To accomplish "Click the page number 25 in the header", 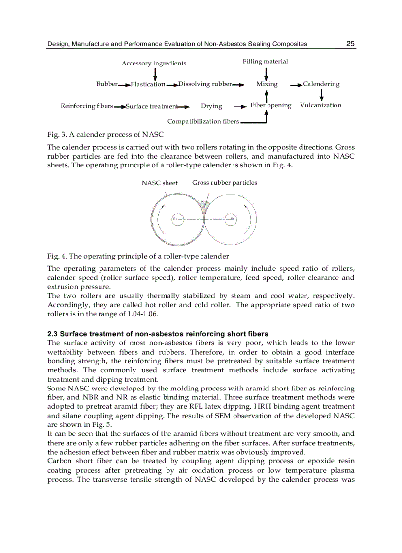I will tap(350, 44).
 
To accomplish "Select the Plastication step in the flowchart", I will tap(148, 84).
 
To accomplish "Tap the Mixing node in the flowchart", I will tap(267, 84).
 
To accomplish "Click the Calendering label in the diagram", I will tap(321, 84).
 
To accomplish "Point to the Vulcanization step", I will tap(320, 105).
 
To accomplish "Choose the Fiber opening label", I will tap(270, 105).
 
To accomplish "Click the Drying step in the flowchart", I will tap(211, 106).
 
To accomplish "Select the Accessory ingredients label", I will tap(154, 63).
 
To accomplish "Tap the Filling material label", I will tap(265, 61).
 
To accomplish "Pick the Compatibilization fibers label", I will tap(203, 121).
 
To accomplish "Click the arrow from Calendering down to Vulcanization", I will tap(322, 95).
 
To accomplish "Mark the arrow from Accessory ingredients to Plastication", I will tap(155, 74).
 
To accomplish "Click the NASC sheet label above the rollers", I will tap(160, 183).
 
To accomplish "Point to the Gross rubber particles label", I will tap(224, 182).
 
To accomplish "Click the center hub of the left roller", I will tap(177, 219).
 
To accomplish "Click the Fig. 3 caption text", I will tap(105, 134).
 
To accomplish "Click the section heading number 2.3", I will tap(53, 334).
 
